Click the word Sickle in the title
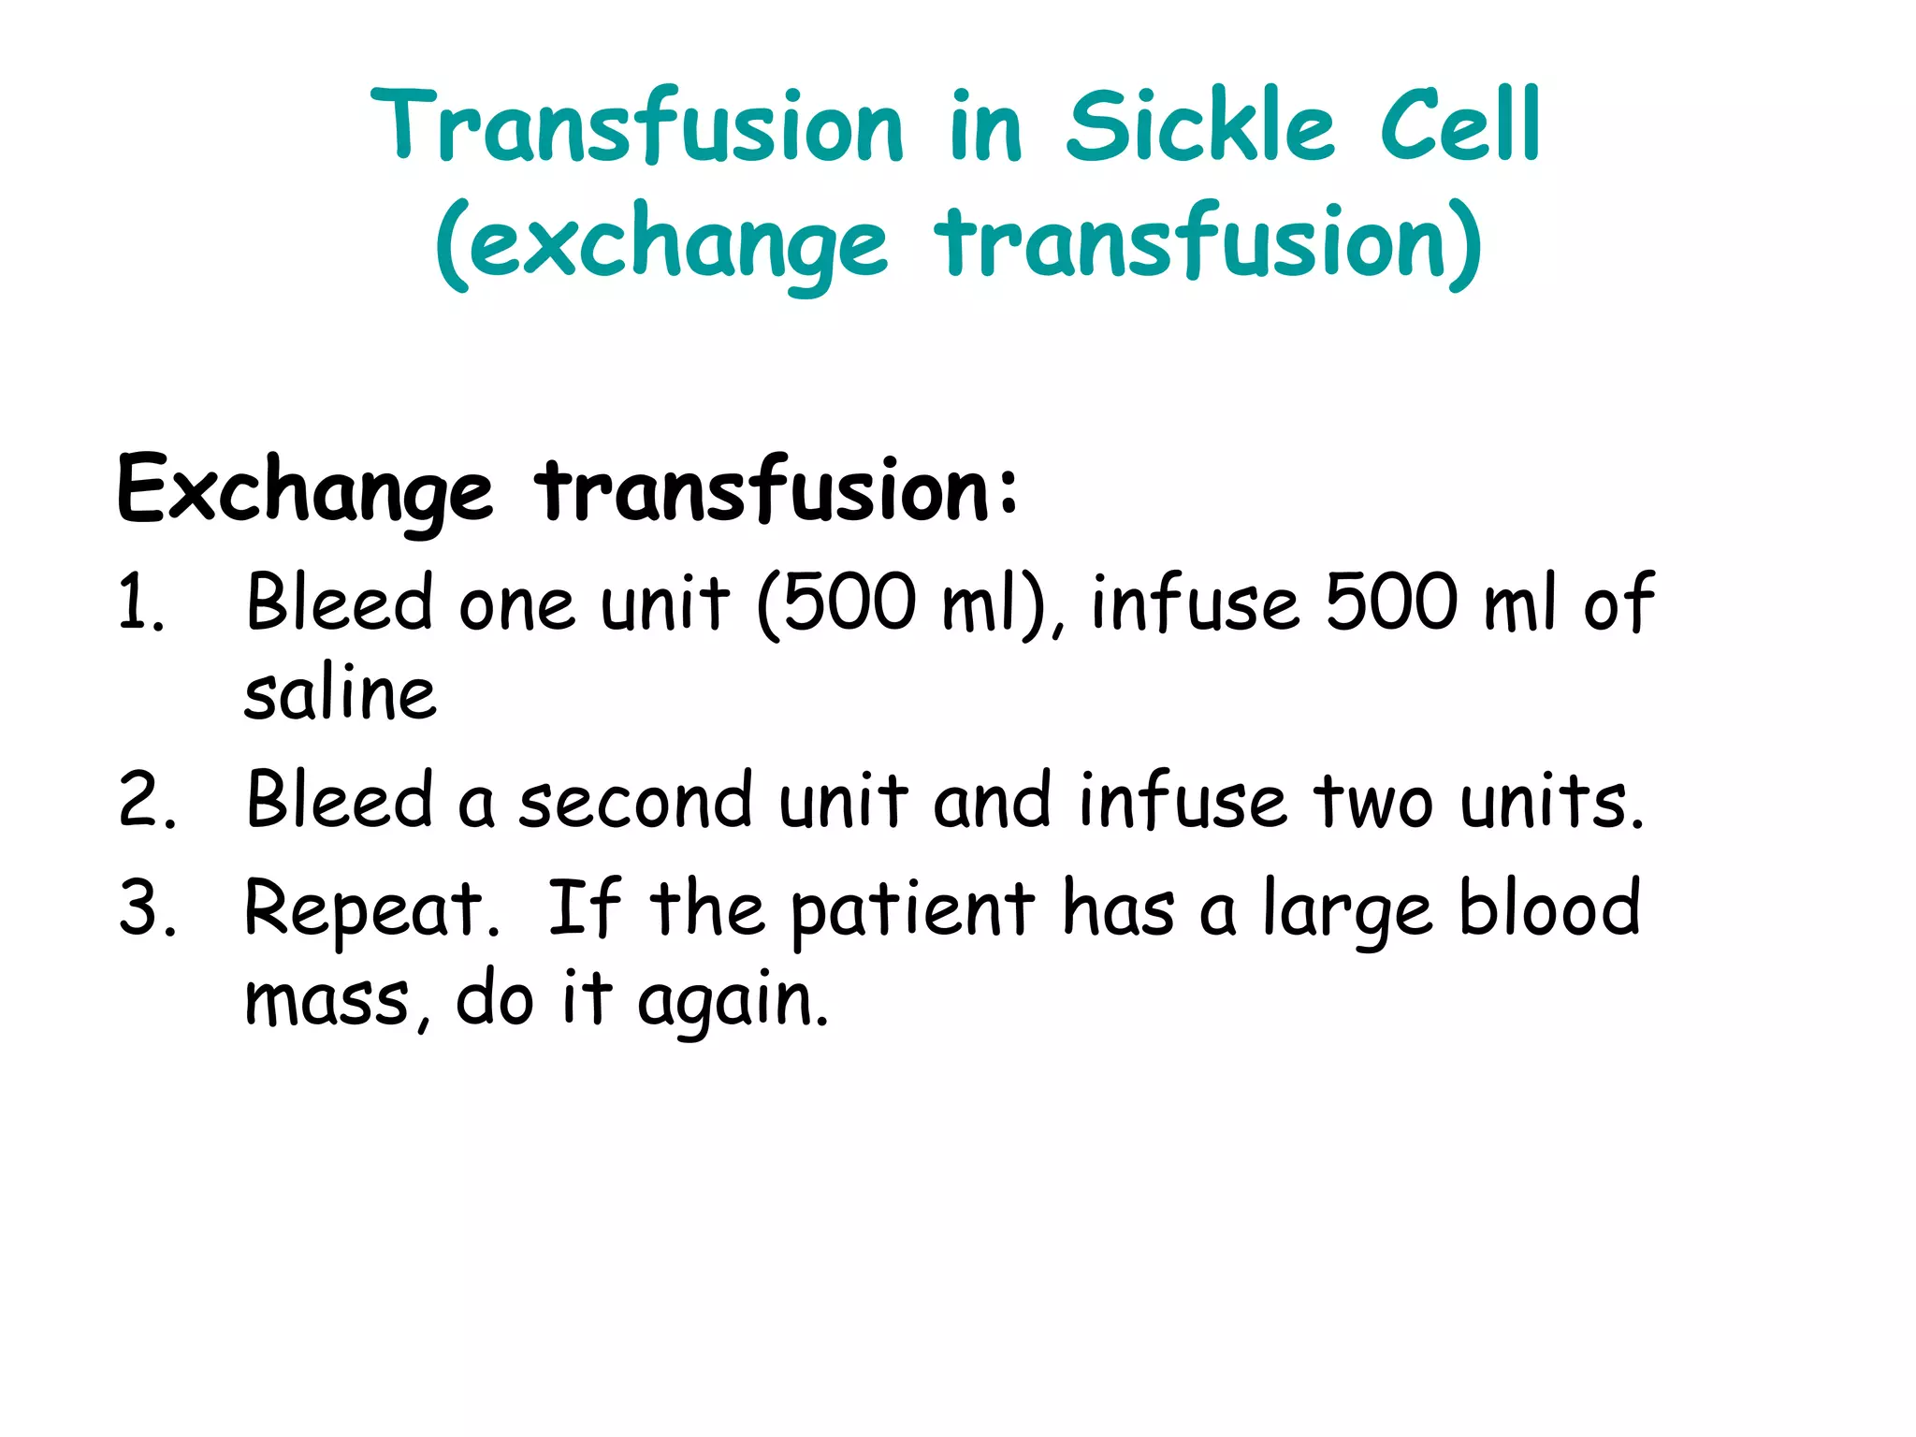1199,125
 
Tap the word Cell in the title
1459,125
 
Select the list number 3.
146,908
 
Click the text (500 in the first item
836,603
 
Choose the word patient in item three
913,910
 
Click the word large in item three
1347,910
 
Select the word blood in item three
1549,907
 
